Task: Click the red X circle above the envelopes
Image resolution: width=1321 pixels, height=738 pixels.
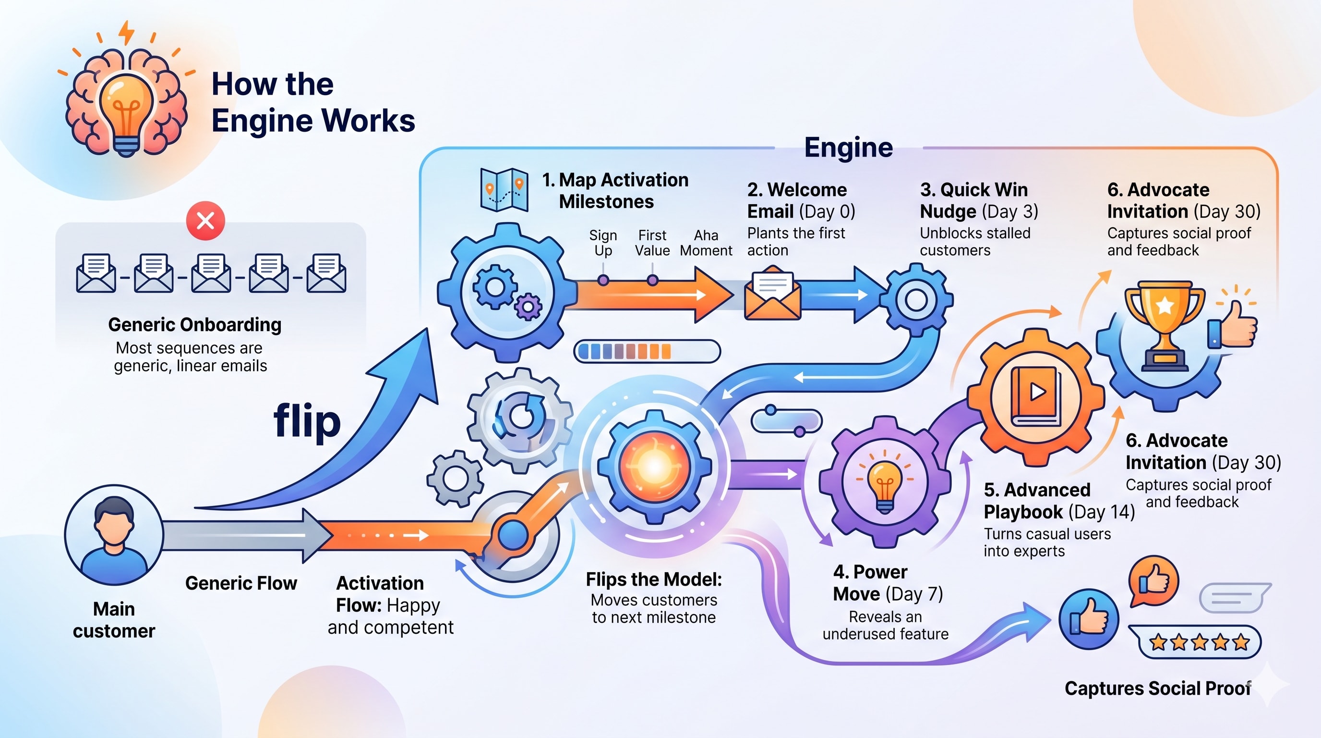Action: pyautogui.click(x=205, y=221)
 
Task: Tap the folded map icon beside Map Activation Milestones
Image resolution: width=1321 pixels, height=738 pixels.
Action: pyautogui.click(x=504, y=190)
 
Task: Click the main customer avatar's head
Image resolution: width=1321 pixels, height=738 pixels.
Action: pyautogui.click(x=114, y=519)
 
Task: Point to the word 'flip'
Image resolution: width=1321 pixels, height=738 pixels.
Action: pyautogui.click(x=307, y=421)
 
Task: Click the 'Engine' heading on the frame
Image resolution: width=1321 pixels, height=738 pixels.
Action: pyautogui.click(x=848, y=148)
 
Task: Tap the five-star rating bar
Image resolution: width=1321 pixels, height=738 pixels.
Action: pyautogui.click(x=1199, y=642)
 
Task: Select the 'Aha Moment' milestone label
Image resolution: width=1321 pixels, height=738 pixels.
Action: pyautogui.click(x=706, y=243)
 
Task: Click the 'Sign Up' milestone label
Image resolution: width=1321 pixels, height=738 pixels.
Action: pyautogui.click(x=602, y=243)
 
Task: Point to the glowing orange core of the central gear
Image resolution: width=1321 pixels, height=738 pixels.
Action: pyautogui.click(x=655, y=467)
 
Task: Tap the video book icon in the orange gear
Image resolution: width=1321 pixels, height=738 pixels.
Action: pyautogui.click(x=1036, y=395)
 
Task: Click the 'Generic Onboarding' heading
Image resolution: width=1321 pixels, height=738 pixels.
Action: pyautogui.click(x=195, y=325)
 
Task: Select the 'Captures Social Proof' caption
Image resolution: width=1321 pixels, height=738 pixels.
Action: pyautogui.click(x=1157, y=689)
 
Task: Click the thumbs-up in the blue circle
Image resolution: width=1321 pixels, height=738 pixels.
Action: pyautogui.click(x=1088, y=619)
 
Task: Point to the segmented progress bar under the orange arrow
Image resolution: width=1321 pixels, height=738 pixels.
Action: pyautogui.click(x=647, y=352)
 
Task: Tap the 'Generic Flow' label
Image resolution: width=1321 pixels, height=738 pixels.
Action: pyautogui.click(x=241, y=583)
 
